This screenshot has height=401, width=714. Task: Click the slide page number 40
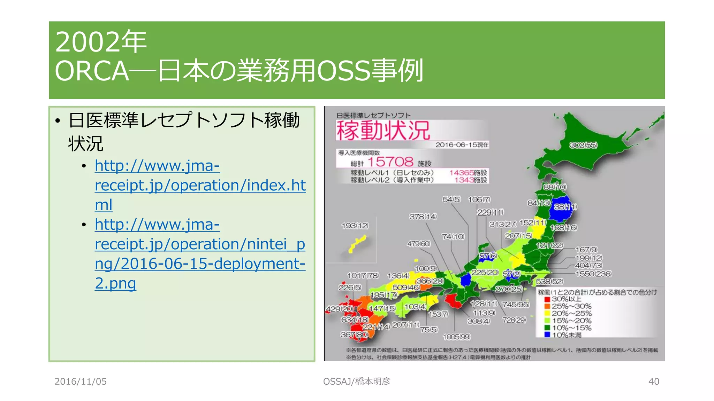point(653,382)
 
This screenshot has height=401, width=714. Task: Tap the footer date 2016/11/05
point(81,382)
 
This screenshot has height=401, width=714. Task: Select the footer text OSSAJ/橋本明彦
point(357,382)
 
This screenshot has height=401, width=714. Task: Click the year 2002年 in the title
point(101,42)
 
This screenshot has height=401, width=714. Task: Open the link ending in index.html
point(200,185)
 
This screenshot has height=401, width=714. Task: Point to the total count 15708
point(390,162)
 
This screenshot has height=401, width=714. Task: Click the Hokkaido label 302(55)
point(583,145)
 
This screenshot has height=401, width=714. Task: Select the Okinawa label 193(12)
point(355,226)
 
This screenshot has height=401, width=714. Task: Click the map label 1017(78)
point(363,275)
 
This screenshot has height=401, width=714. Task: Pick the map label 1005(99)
point(456,337)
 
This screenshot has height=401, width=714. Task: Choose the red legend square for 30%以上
point(547,299)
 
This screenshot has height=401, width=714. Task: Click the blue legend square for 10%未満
point(547,335)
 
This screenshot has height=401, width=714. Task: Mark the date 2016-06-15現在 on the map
point(462,145)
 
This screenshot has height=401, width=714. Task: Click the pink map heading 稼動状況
point(383,131)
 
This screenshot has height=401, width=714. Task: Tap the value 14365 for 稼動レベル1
point(461,173)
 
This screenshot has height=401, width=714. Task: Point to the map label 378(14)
point(423,217)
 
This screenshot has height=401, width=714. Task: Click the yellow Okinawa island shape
point(358,244)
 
